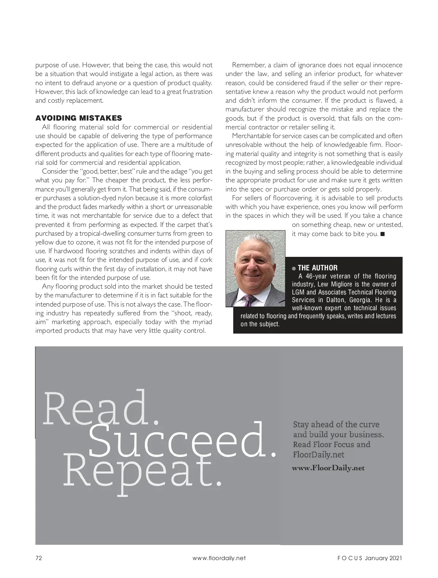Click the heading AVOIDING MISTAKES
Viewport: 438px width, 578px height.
click(78, 118)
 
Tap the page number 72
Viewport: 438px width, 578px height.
click(39, 558)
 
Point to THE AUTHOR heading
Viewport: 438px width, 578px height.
click(318, 268)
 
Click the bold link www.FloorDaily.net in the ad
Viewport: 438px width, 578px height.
click(328, 468)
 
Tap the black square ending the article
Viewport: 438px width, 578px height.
click(382, 234)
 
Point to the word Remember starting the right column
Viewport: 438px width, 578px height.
click(249, 65)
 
